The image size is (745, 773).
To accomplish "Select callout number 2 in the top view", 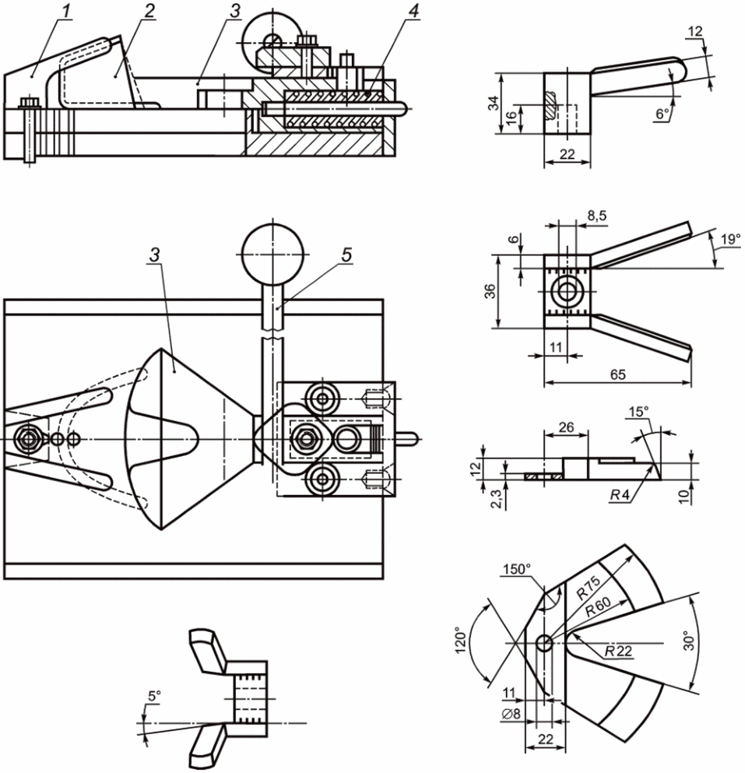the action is click(149, 12).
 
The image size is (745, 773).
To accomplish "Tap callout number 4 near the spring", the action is click(413, 12).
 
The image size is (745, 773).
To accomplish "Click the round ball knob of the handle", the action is click(272, 255).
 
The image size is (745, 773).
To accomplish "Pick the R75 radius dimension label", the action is click(589, 587).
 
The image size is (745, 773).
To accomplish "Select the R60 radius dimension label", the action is click(598, 606).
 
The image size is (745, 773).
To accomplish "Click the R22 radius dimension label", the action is click(618, 652).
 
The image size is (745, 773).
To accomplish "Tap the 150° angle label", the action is click(516, 569).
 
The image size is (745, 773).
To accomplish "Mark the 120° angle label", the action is click(460, 640).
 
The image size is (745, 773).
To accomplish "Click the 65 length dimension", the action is click(618, 374).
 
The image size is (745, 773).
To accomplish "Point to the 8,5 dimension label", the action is click(596, 216).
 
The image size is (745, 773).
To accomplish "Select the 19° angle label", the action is click(730, 240).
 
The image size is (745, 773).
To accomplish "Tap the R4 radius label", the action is click(620, 495).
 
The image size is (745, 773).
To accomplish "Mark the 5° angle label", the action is click(154, 696).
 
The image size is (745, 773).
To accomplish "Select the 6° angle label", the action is click(662, 114).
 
